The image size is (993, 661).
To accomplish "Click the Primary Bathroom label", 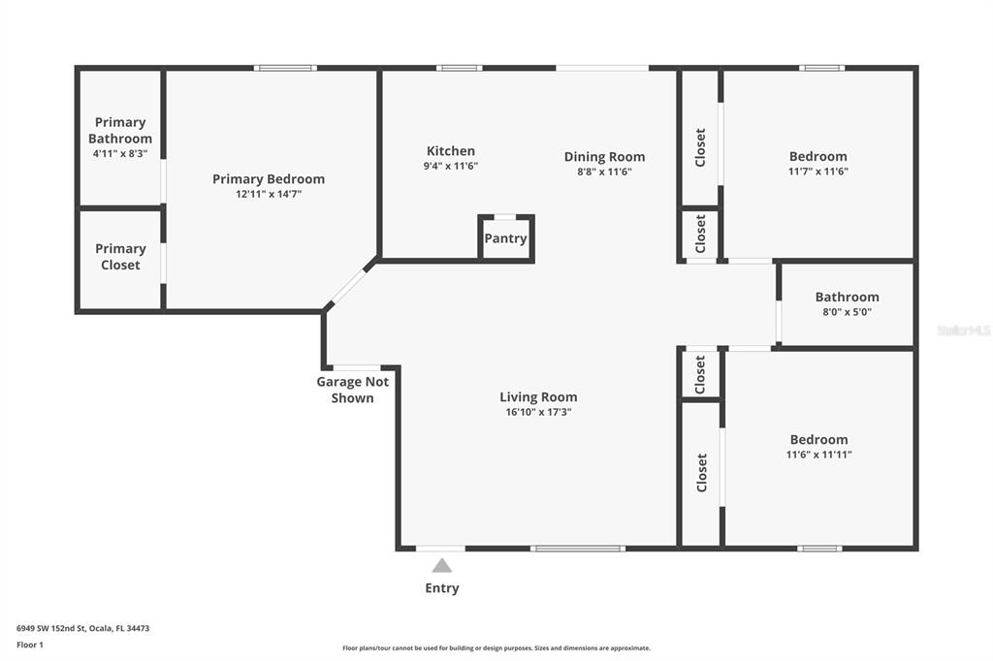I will (120, 131).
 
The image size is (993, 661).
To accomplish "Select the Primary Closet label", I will (120, 257).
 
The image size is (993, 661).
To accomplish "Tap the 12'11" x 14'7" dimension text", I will (269, 194).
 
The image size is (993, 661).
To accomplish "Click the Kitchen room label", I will (451, 151).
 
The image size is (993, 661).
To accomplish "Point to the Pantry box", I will (506, 238).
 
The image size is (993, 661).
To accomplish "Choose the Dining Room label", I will (604, 157).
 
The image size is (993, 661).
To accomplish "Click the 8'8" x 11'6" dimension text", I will (604, 172).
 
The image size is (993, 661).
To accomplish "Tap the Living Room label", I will (538, 396).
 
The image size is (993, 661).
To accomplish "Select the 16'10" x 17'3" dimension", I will (538, 412).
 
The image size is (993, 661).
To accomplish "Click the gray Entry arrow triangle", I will (442, 566).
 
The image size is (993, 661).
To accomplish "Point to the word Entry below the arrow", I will (442, 588).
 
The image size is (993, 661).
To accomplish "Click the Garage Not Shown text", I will (352, 390).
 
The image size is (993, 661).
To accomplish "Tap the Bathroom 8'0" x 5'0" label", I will (847, 303).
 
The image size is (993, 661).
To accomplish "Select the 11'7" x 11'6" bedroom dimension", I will (817, 172).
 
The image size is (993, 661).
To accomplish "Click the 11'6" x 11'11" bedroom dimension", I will (818, 455).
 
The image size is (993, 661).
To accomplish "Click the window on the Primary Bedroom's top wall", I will (285, 68).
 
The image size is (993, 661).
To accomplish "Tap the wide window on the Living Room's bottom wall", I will (578, 549).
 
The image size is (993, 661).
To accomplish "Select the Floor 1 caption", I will (30, 645).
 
